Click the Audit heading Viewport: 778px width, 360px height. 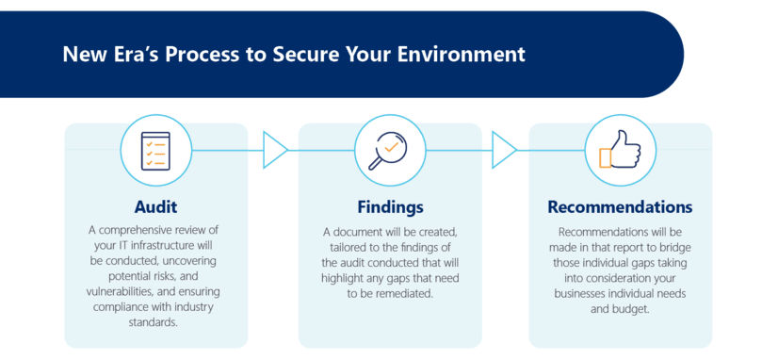pyautogui.click(x=155, y=206)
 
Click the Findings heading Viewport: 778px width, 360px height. pyautogui.click(x=389, y=206)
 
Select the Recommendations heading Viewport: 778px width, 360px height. pyautogui.click(x=620, y=206)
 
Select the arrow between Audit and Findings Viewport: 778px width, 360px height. pyautogui.click(x=275, y=149)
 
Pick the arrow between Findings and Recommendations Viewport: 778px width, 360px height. pyautogui.click(x=505, y=149)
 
